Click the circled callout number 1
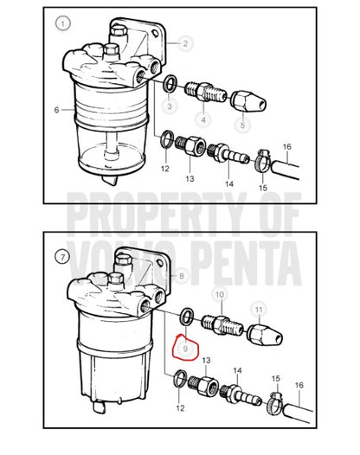point(62,23)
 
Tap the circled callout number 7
point(62,257)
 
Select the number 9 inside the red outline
point(185,349)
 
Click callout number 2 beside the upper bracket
point(185,43)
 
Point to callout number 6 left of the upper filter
point(56,110)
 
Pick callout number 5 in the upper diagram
point(242,125)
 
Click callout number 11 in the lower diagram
point(259,310)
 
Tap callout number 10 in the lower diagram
point(220,294)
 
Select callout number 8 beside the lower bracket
point(182,276)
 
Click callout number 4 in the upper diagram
point(203,119)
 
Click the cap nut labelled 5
point(249,101)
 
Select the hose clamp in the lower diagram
point(275,404)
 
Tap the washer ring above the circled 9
point(187,316)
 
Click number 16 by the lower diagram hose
point(299,385)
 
